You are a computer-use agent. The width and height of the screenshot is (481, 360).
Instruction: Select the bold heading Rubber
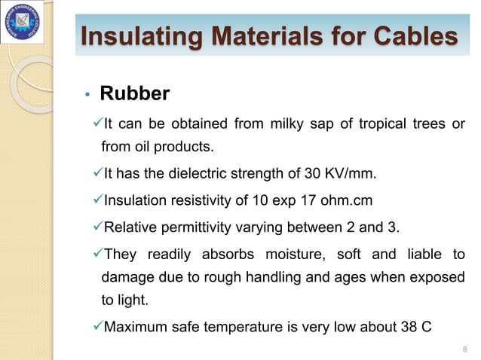point(135,94)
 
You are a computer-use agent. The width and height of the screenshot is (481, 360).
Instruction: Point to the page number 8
point(463,348)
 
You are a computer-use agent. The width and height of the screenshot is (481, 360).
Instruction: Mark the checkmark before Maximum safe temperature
point(95,327)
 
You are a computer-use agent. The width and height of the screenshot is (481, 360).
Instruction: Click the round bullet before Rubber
point(87,96)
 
